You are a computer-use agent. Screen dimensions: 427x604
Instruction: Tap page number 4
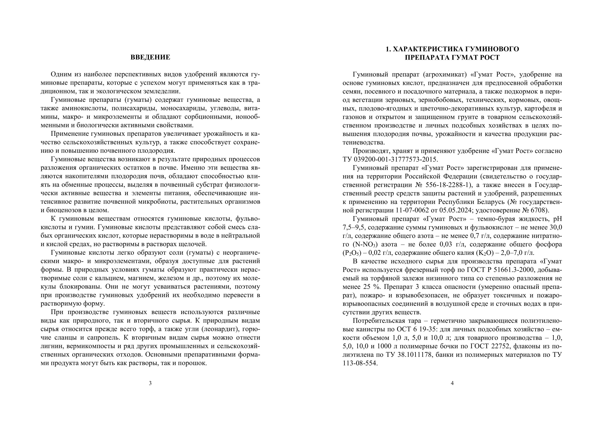tap(452, 383)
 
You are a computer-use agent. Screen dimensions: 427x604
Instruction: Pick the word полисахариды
tap(133, 108)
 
